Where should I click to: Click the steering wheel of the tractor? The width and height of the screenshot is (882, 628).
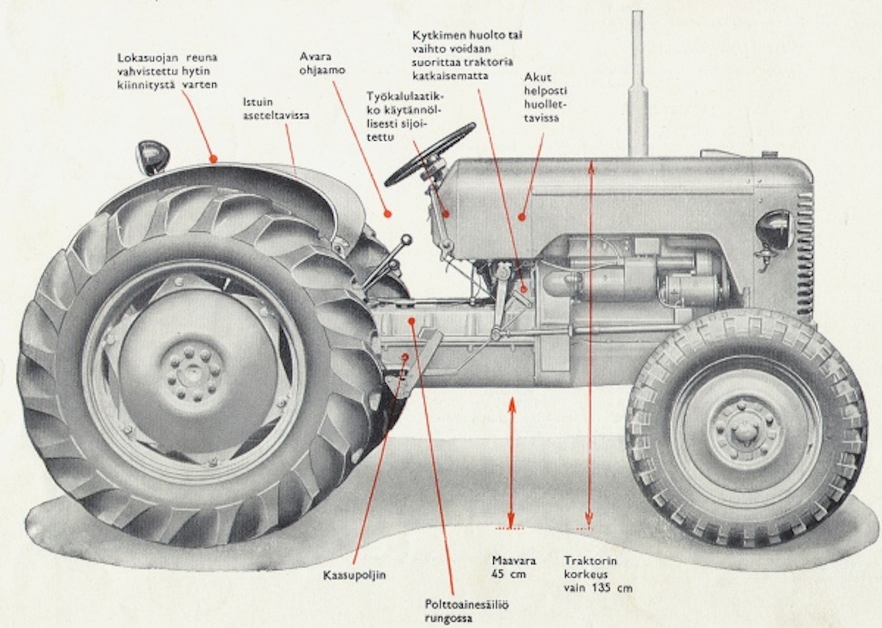(430, 153)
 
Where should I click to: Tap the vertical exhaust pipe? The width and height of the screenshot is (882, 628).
(638, 87)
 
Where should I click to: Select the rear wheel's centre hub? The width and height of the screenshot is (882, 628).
(193, 372)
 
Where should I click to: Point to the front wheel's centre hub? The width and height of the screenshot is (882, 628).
(743, 431)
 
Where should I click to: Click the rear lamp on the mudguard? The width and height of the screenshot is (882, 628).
(152, 156)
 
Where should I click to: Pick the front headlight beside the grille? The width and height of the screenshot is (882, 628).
(774, 230)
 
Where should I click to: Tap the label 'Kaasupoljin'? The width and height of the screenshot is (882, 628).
(354, 575)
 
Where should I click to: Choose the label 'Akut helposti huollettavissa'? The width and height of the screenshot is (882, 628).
(542, 98)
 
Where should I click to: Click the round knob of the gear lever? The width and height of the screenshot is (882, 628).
(407, 239)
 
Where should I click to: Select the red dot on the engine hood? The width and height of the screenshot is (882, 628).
(521, 215)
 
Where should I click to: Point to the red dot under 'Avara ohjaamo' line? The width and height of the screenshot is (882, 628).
(388, 214)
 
